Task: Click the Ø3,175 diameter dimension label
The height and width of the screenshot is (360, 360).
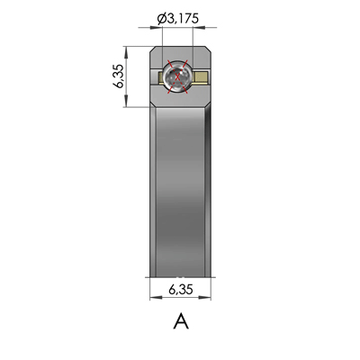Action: pos(180,18)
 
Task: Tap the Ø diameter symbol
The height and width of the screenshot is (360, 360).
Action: pos(161,18)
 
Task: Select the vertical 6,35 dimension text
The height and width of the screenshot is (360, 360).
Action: pos(119,78)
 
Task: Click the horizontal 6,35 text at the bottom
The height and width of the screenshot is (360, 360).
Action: pos(181,290)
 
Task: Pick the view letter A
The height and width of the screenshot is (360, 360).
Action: pos(180,320)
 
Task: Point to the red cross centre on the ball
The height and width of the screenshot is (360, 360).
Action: pos(181,78)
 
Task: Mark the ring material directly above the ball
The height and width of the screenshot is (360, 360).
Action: pos(180,56)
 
